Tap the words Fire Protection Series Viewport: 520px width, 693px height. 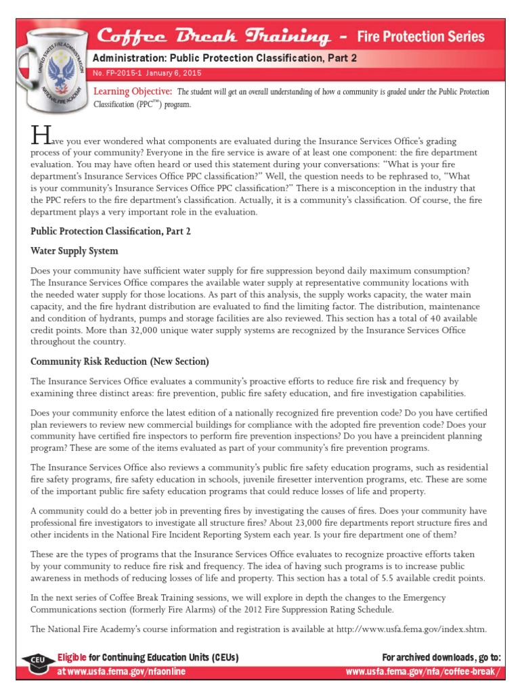(x=420, y=36)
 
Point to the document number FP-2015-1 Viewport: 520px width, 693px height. (x=117, y=73)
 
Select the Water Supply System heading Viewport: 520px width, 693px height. (x=74, y=251)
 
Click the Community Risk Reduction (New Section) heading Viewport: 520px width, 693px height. (x=120, y=361)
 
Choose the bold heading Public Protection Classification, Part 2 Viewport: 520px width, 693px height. (x=111, y=231)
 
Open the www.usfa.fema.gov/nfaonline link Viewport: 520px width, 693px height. (x=121, y=671)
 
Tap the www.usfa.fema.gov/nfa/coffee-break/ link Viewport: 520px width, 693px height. (x=424, y=671)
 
